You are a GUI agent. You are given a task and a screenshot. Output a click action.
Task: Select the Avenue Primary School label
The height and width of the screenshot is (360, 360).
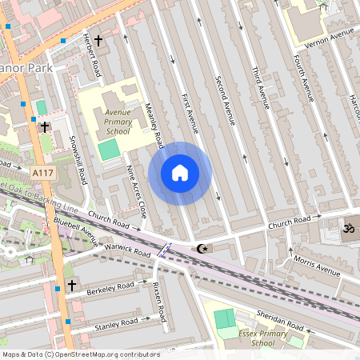pyautogui.click(x=117, y=120)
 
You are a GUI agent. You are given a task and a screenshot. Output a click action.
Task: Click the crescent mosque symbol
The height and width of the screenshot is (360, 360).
pyautogui.click(x=202, y=249)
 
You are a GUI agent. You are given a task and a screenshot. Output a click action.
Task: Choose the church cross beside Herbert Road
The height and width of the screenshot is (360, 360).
pyautogui.click(x=98, y=39)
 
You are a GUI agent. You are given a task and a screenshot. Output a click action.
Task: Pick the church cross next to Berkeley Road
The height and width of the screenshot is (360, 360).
pyautogui.click(x=71, y=285)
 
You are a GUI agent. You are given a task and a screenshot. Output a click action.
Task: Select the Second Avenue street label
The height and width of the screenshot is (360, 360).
pyautogui.click(x=226, y=100)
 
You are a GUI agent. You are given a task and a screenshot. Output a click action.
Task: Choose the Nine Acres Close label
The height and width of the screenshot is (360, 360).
pyautogui.click(x=137, y=192)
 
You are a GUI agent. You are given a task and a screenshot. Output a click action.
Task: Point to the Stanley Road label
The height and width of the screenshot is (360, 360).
pyautogui.click(x=116, y=324)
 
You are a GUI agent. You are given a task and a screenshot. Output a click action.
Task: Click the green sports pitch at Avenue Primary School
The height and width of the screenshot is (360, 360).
pyautogui.click(x=108, y=149)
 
